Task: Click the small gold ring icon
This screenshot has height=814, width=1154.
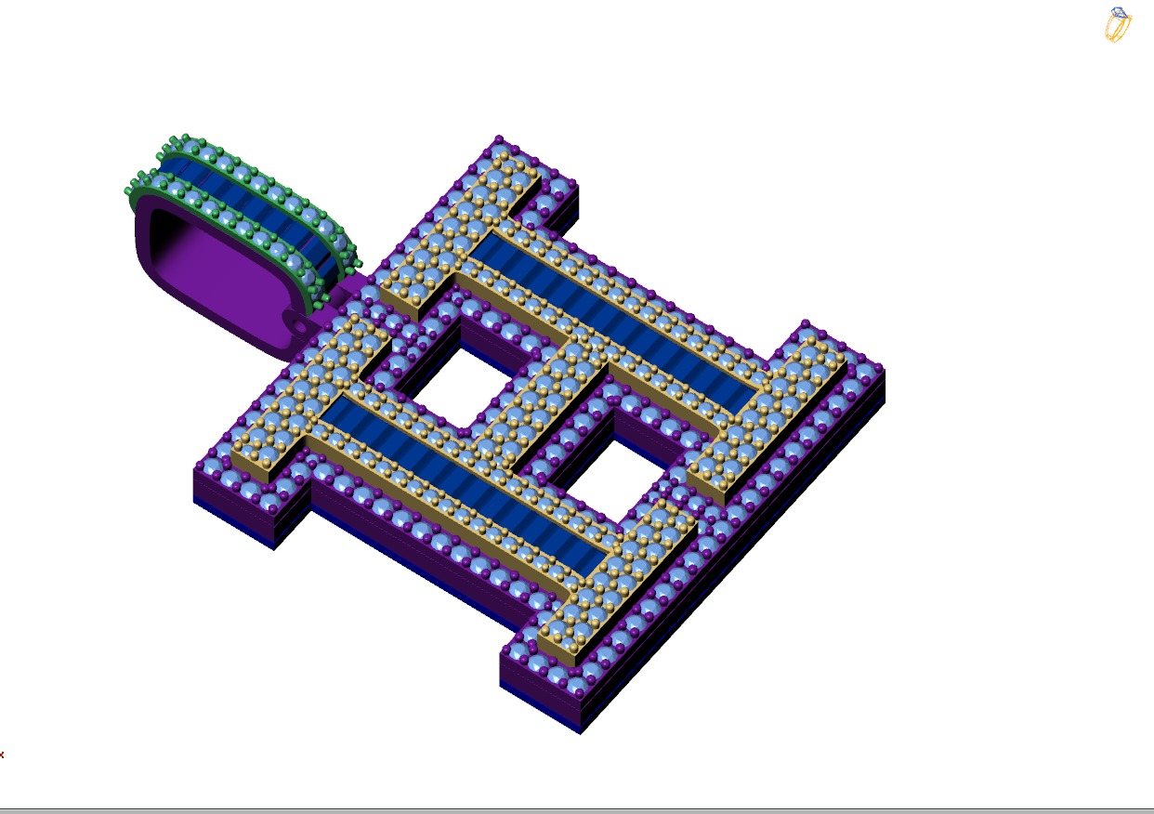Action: pyautogui.click(x=1118, y=26)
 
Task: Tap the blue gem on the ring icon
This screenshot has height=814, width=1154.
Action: pyautogui.click(x=1120, y=14)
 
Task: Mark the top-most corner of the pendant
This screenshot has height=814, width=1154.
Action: pyautogui.click(x=499, y=138)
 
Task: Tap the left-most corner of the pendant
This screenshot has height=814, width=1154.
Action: pyautogui.click(x=194, y=469)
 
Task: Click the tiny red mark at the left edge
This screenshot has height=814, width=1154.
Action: pyautogui.click(x=2, y=755)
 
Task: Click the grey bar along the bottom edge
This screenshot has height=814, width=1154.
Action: pyautogui.click(x=576, y=810)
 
